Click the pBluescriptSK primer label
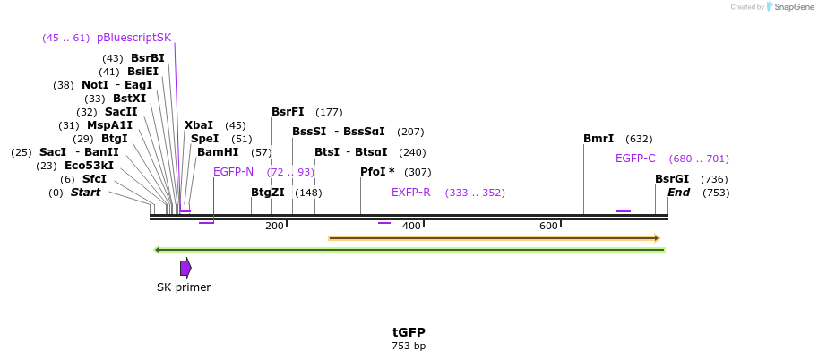tap(133, 38)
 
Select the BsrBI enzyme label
tap(148, 58)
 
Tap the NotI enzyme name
tap(95, 85)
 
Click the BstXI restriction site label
tap(129, 99)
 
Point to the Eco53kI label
tap(89, 166)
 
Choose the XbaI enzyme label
tap(199, 125)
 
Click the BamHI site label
tap(218, 152)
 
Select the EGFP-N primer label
tap(233, 172)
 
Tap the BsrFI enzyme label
tap(288, 112)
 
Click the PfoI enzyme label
tap(377, 172)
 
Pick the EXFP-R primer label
tap(411, 193)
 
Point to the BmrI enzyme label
tap(598, 139)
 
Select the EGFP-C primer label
tap(635, 159)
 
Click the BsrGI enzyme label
tap(672, 179)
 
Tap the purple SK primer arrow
tap(185, 268)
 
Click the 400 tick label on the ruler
tap(411, 226)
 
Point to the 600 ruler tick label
tap(548, 226)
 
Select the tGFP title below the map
tap(409, 332)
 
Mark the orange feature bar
tap(494, 238)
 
